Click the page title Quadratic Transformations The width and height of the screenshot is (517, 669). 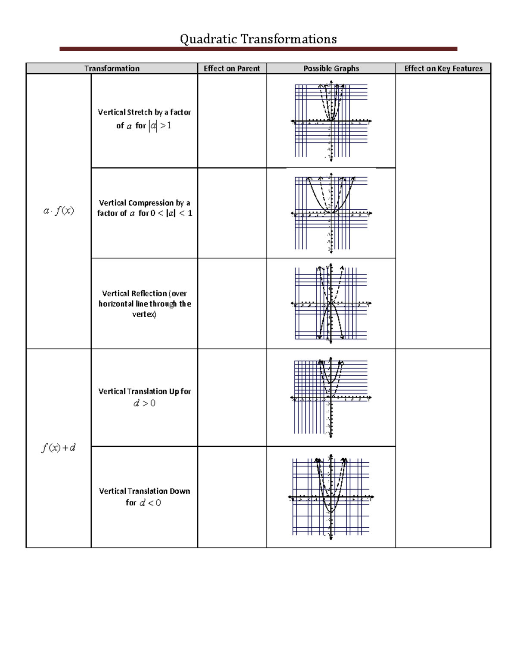click(x=258, y=39)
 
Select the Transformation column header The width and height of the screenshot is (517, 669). click(x=112, y=68)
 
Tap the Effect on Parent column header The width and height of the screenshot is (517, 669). click(x=232, y=68)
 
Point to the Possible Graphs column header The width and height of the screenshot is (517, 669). click(x=331, y=68)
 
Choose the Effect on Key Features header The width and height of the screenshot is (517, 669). click(x=443, y=68)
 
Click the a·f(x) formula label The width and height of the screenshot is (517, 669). click(x=59, y=211)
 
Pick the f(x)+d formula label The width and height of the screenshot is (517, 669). click(x=59, y=448)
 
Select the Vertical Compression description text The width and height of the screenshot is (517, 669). click(x=144, y=208)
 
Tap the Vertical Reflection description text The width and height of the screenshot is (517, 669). click(x=144, y=303)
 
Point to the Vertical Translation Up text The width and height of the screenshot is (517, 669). click(x=144, y=391)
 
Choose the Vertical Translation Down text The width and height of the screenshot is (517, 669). click(x=144, y=491)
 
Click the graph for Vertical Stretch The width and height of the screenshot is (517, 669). click(x=331, y=121)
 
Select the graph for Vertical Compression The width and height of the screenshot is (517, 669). click(x=331, y=213)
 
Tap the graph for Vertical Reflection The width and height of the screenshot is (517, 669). click(x=331, y=303)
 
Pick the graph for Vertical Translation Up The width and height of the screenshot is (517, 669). click(x=331, y=398)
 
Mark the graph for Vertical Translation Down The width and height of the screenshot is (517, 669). click(x=331, y=497)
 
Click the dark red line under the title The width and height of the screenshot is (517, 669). click(x=258, y=49)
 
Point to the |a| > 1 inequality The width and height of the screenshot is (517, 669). click(x=159, y=126)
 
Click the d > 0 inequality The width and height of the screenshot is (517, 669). click(x=144, y=403)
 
